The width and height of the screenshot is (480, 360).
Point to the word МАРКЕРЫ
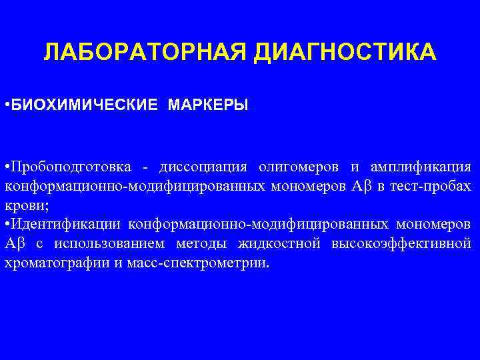point(209,105)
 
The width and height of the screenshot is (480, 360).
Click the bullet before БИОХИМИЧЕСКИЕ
point(6,105)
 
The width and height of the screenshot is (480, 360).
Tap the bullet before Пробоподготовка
point(6,166)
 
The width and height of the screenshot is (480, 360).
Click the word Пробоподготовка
point(71,166)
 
